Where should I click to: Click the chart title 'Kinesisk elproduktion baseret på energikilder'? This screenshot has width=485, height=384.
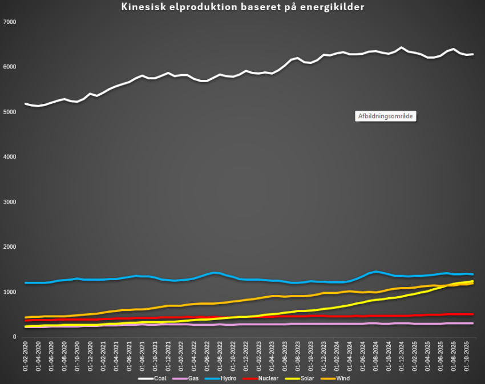[242, 7]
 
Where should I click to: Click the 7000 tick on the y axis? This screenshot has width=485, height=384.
[10, 22]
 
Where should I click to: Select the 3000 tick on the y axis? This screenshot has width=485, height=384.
[10, 202]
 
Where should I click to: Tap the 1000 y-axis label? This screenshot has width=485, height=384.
[10, 292]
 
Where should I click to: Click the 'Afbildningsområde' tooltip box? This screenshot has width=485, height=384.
[385, 116]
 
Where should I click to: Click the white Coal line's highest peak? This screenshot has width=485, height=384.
[401, 47]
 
